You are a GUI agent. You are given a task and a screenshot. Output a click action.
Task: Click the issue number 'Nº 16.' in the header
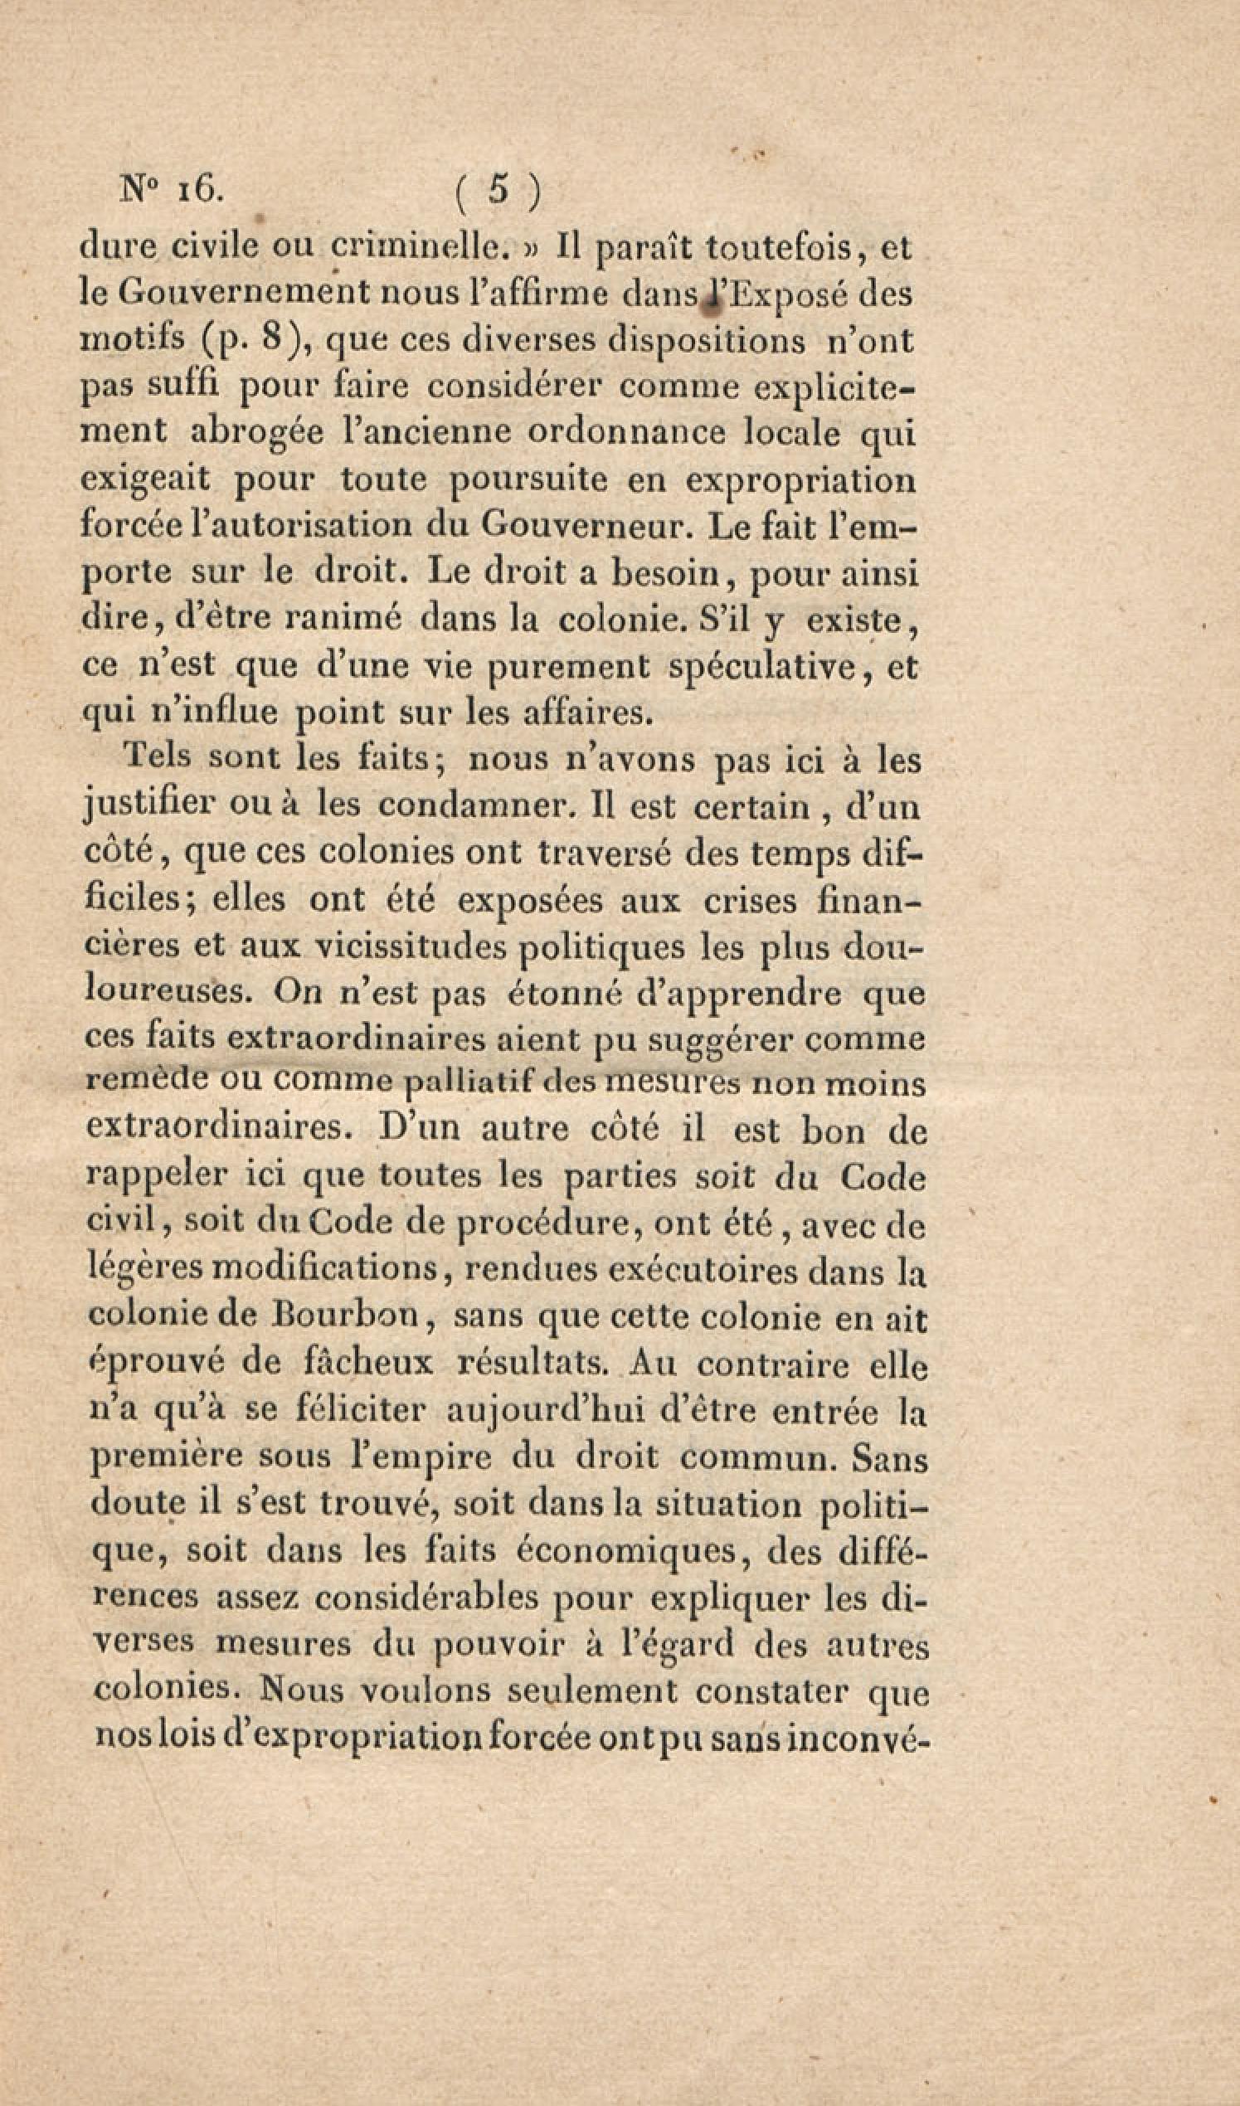point(172,192)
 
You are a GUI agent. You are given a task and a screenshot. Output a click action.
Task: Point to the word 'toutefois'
point(777,247)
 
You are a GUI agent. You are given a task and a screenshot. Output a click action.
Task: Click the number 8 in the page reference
point(268,341)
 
